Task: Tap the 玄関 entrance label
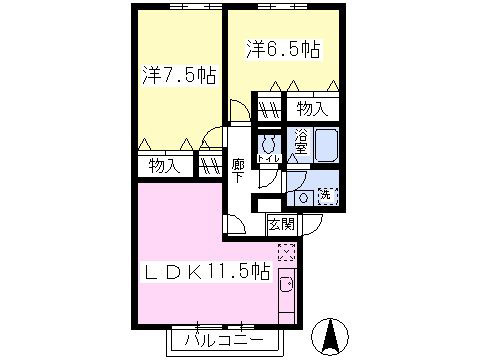pyautogui.click(x=280, y=225)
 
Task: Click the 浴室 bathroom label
pyautogui.click(x=300, y=145)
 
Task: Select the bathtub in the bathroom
pyautogui.click(x=327, y=146)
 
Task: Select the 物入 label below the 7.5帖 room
pyautogui.click(x=164, y=165)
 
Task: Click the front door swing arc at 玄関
pyautogui.click(x=311, y=225)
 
